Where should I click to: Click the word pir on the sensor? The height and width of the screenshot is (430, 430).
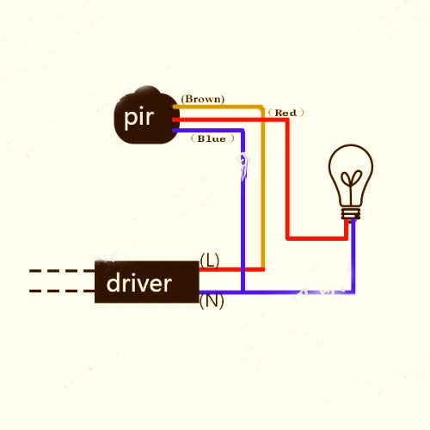[x=139, y=118]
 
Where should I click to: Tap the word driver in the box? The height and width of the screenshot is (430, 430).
[x=139, y=283]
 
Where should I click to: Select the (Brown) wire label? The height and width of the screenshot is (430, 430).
[x=203, y=99]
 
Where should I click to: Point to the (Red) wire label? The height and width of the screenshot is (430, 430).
[x=286, y=113]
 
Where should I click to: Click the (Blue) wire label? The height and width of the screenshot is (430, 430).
[x=212, y=138]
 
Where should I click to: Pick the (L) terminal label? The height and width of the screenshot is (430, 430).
[x=210, y=261]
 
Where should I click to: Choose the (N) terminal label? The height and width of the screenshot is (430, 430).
[x=212, y=302]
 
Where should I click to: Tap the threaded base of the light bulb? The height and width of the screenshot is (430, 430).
[x=351, y=213]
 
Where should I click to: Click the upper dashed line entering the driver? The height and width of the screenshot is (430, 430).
[x=62, y=271]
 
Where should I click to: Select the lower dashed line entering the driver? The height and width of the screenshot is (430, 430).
[x=62, y=291]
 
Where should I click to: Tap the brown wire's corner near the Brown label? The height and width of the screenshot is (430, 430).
[x=262, y=107]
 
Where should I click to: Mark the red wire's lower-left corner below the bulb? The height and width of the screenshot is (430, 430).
[x=287, y=238]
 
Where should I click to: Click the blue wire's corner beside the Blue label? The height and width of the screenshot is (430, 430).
[x=243, y=131]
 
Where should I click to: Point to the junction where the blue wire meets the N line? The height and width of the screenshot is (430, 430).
[x=243, y=292]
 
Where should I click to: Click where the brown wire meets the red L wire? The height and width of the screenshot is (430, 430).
[x=262, y=269]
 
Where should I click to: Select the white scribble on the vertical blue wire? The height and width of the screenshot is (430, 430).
[x=244, y=167]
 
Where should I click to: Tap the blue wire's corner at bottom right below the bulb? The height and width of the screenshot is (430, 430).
[x=353, y=292]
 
